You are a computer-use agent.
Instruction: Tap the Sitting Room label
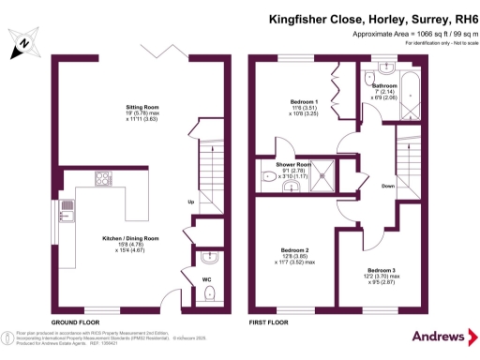[x=142, y=107]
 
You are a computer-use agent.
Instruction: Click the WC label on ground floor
[x=207, y=278]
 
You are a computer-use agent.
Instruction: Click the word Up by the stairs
[x=191, y=202]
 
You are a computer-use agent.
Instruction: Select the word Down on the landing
[x=387, y=186]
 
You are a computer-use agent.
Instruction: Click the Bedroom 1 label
[x=304, y=100]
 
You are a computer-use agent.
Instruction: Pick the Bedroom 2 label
[x=294, y=249]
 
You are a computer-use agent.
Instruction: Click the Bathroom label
[x=383, y=85]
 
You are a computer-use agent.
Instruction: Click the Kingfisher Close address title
[x=373, y=16]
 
